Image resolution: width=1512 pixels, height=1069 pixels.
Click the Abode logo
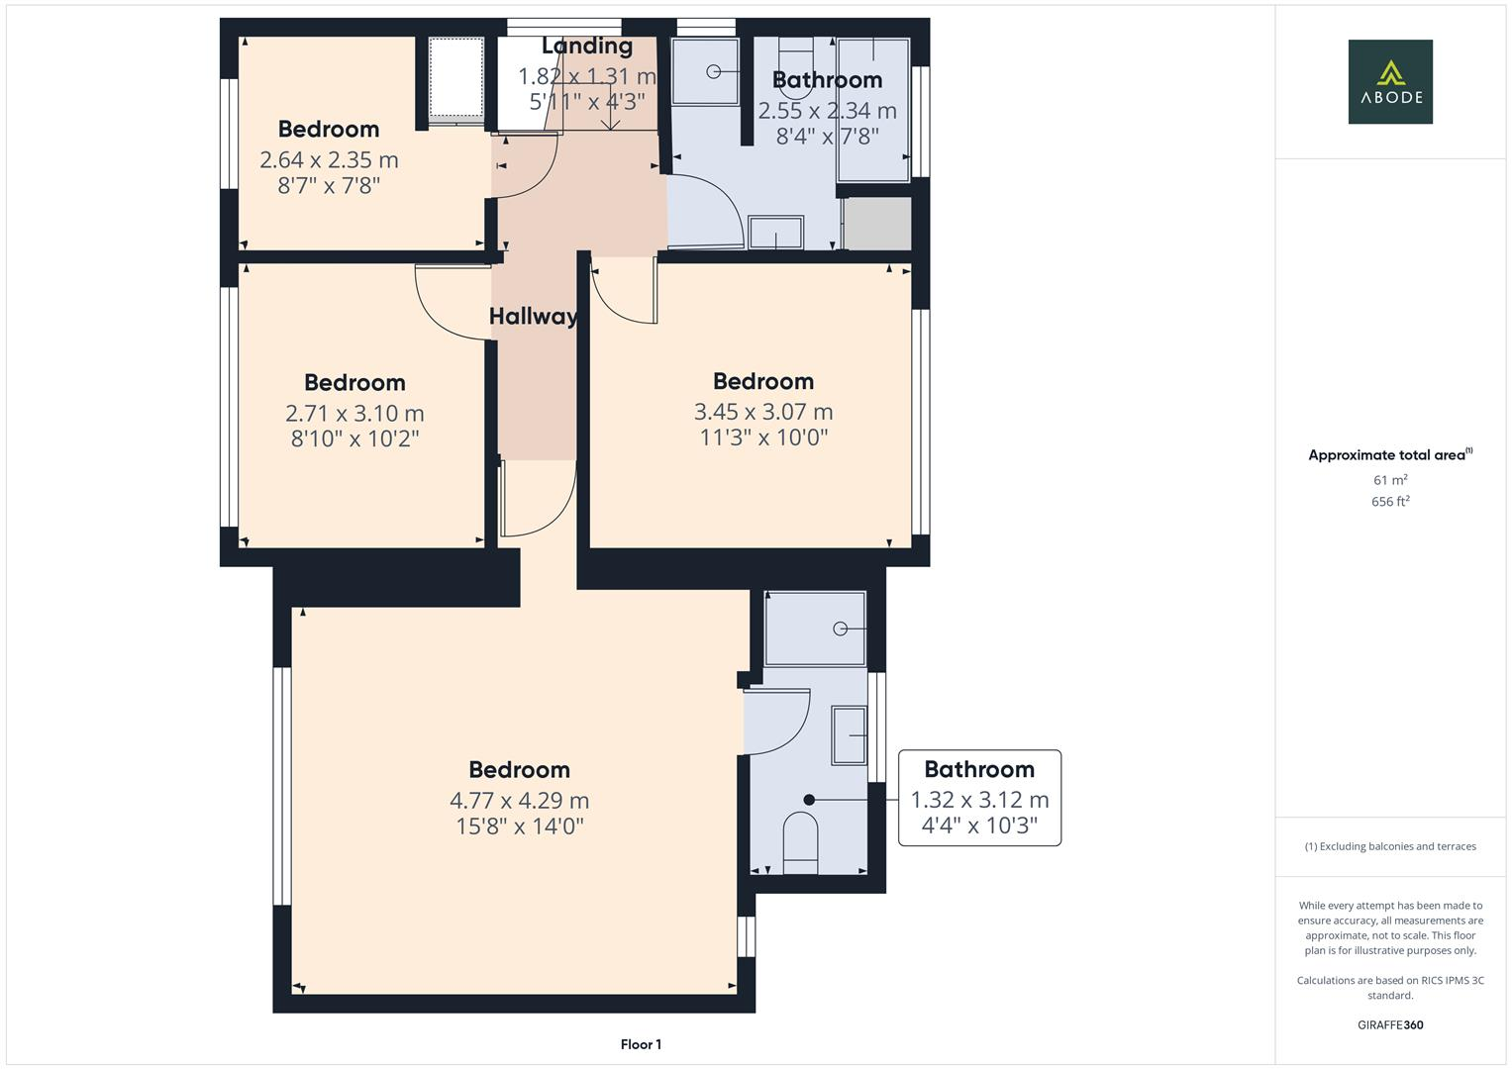tap(1389, 81)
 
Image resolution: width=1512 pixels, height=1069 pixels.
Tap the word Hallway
tap(533, 317)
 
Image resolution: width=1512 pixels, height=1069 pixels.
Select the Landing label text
tap(587, 46)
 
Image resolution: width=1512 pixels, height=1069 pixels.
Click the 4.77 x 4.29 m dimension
tap(519, 800)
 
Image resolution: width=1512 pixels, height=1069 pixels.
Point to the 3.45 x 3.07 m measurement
tap(762, 412)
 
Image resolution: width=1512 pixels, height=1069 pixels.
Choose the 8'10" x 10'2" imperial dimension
tap(354, 438)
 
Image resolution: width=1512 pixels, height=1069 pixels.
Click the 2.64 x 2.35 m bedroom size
tap(329, 159)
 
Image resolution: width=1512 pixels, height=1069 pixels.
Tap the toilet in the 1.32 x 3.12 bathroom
tap(800, 842)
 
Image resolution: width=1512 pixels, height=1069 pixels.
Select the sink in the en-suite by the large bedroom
tap(849, 734)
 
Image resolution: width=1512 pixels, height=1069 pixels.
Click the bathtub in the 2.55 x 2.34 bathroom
tap(872, 110)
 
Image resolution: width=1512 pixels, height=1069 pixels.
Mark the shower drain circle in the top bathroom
tap(713, 71)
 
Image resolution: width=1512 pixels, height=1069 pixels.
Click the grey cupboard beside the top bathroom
tap(877, 224)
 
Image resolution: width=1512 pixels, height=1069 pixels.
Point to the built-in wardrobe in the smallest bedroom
tap(455, 79)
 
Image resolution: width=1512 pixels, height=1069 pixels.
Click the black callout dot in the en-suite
tap(809, 800)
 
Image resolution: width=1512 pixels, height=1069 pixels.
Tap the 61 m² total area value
tap(1390, 480)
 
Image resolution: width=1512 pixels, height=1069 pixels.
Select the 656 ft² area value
tap(1390, 502)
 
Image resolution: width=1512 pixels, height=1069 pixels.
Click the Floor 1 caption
tap(641, 1044)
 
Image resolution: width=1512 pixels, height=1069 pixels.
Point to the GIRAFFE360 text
tap(1390, 1024)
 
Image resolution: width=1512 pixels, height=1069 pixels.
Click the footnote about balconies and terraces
tap(1390, 846)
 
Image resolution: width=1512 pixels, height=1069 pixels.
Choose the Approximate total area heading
tap(1388, 455)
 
